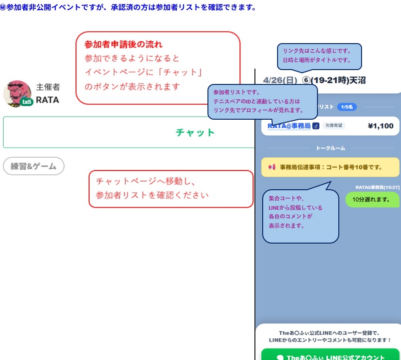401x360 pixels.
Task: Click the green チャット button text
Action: pyautogui.click(x=195, y=133)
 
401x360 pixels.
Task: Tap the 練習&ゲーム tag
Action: pyautogui.click(x=33, y=166)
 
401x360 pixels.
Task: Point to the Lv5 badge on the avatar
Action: pyautogui.click(x=26, y=102)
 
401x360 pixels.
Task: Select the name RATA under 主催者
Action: pyautogui.click(x=47, y=100)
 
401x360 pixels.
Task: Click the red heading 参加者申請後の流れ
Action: pyautogui.click(x=123, y=45)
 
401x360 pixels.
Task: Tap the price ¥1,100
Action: pyautogui.click(x=380, y=126)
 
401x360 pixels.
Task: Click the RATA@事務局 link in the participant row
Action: pyautogui.click(x=289, y=126)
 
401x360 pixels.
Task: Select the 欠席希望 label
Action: pyautogui.click(x=334, y=126)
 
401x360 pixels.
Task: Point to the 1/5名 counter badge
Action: pyautogui.click(x=347, y=107)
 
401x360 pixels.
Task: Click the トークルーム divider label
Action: pyautogui.click(x=330, y=148)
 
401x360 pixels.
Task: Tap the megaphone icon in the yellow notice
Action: pyautogui.click(x=272, y=167)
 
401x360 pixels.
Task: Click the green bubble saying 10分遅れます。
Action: pyautogui.click(x=372, y=199)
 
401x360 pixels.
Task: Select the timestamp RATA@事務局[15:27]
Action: pyautogui.click(x=377, y=187)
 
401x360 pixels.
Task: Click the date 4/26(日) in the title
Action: pyautogui.click(x=280, y=80)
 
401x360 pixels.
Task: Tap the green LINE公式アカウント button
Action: pyautogui.click(x=330, y=356)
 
